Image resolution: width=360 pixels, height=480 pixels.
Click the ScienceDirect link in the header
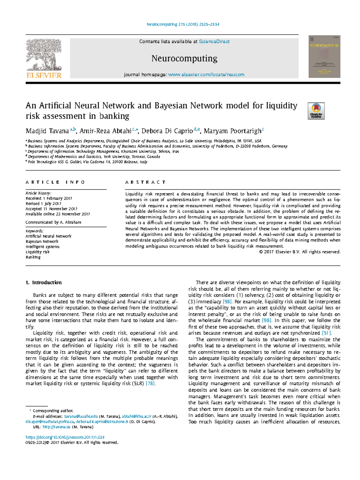pyautogui.click(x=214, y=42)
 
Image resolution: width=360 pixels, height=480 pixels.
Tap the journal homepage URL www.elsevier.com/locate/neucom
pyautogui.click(x=206, y=75)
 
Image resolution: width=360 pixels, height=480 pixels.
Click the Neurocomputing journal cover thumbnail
pyautogui.click(x=324, y=57)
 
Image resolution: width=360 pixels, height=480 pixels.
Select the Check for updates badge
pyautogui.click(x=316, y=111)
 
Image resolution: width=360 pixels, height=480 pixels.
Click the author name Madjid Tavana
pyautogui.click(x=47, y=131)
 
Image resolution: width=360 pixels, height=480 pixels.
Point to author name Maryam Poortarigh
pyautogui.click(x=232, y=131)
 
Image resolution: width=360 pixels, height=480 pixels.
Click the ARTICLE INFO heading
pyautogui.click(x=55, y=182)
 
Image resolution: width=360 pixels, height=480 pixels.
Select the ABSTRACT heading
pyautogui.click(x=145, y=182)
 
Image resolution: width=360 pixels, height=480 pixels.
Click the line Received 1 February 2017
pyautogui.click(x=49, y=198)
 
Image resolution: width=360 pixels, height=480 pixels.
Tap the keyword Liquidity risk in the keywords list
pyautogui.click(x=37, y=252)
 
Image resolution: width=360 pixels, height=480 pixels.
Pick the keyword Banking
pyautogui.click(x=33, y=257)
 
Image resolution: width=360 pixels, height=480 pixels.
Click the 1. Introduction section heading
pyautogui.click(x=44, y=283)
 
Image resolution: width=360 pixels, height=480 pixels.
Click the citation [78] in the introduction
pyautogui.click(x=150, y=383)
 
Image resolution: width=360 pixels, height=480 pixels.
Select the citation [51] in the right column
pyautogui.click(x=326, y=333)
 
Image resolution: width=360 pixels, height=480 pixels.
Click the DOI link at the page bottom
pyautogui.click(x=65, y=437)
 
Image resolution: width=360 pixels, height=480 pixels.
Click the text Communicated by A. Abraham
pyautogui.click(x=53, y=222)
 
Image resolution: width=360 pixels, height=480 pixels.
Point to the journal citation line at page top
pyautogui.click(x=183, y=24)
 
